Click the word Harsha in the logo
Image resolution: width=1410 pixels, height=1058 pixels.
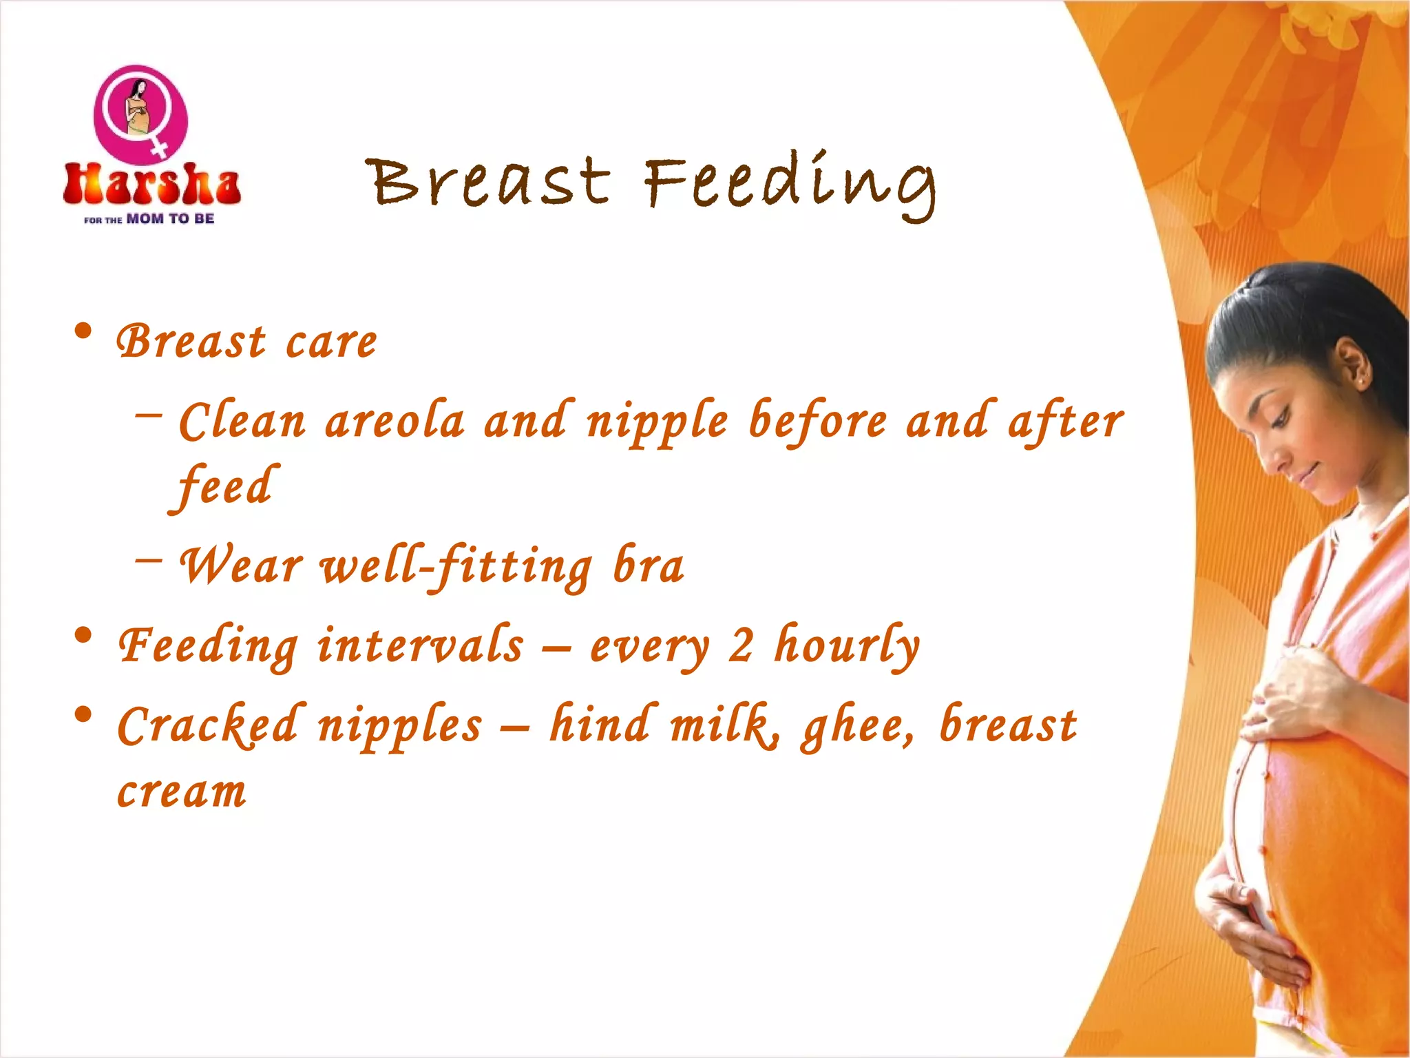point(151,185)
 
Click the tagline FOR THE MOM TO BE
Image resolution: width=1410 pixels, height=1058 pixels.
point(149,219)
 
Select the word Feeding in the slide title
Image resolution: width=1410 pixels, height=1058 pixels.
point(790,183)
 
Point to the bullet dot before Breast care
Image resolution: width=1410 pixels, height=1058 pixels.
point(83,332)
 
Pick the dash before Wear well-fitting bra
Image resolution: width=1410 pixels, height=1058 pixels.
point(149,559)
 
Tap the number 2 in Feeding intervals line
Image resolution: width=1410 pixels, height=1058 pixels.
point(741,646)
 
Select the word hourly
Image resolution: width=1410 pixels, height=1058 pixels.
point(847,646)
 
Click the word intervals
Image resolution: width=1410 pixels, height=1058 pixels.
point(420,645)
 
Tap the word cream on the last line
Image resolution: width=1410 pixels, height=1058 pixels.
point(182,792)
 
